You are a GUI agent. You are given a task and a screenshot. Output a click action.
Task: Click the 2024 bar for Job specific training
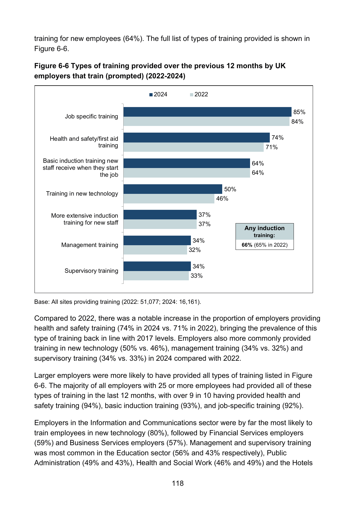point(207,112)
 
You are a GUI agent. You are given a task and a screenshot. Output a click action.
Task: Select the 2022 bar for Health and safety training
point(193,147)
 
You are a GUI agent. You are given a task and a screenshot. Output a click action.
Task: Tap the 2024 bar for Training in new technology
point(173,189)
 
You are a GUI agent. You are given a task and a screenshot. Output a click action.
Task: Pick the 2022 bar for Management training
point(155,250)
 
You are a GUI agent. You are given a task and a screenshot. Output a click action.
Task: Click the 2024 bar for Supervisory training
point(157,266)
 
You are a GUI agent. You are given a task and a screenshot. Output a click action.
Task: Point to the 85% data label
point(299,112)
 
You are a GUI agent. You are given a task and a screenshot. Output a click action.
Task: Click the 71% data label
point(272,147)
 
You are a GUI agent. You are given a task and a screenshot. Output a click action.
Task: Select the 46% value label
point(222,198)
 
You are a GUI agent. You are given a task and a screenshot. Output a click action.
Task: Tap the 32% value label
point(195,250)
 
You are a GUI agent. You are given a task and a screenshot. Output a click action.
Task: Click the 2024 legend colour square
point(151,95)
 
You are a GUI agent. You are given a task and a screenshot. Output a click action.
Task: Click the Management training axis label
point(90,245)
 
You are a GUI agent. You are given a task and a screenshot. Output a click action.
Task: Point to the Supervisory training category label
point(91,271)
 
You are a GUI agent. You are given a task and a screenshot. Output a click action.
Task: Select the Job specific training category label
point(91,116)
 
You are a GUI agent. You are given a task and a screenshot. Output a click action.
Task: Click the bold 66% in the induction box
point(247,245)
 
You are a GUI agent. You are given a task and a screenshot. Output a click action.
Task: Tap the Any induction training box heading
point(265,232)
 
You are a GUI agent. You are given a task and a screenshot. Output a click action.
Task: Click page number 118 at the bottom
point(178,483)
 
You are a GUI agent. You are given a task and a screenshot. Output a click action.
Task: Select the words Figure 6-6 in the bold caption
point(51,66)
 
